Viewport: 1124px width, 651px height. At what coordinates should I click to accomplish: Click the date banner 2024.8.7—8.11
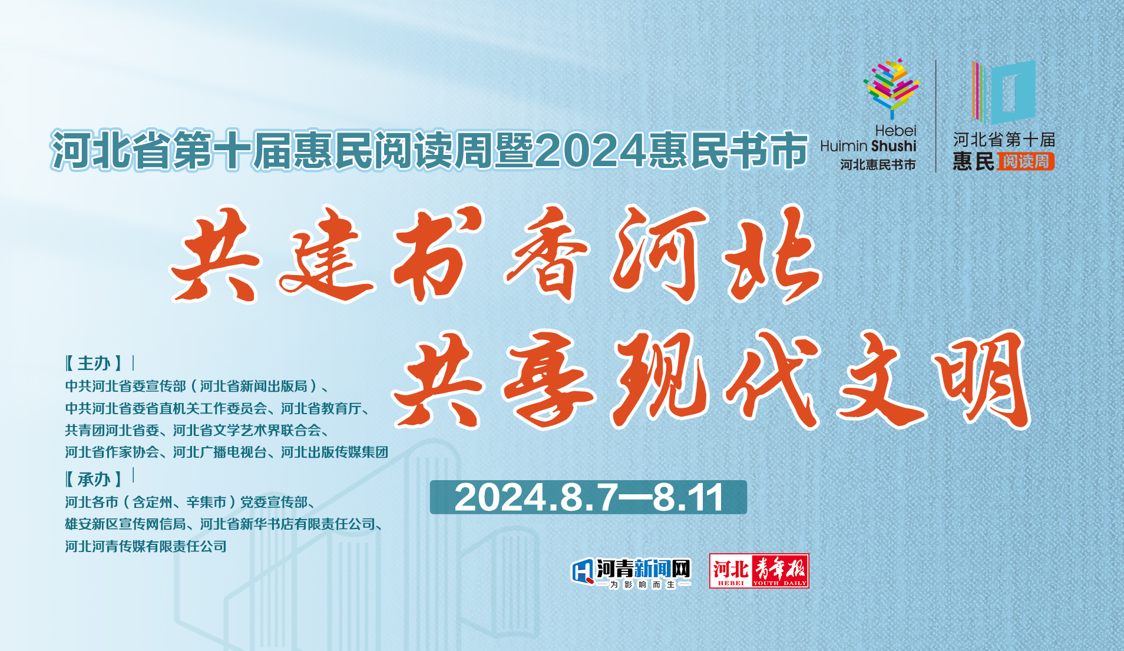(x=588, y=497)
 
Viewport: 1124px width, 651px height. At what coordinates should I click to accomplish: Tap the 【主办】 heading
(x=94, y=363)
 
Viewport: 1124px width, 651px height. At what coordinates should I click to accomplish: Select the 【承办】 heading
(x=94, y=479)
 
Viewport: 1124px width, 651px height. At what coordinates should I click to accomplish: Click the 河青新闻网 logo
(x=631, y=572)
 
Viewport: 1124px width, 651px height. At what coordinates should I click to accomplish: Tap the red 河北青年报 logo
(x=759, y=571)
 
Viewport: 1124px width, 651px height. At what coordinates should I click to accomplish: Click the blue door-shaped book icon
(x=1004, y=92)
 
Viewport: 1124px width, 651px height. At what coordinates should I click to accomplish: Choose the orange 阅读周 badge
(x=1026, y=161)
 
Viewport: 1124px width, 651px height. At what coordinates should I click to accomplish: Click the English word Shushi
(x=894, y=146)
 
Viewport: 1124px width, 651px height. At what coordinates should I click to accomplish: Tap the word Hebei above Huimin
(x=895, y=130)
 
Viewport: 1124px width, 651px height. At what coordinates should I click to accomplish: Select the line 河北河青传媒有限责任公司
(x=146, y=546)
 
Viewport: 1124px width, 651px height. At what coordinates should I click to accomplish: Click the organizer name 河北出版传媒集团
(x=335, y=452)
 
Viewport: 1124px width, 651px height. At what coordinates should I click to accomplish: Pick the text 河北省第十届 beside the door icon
(x=1004, y=140)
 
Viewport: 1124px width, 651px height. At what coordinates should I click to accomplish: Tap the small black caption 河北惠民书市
(x=878, y=165)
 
